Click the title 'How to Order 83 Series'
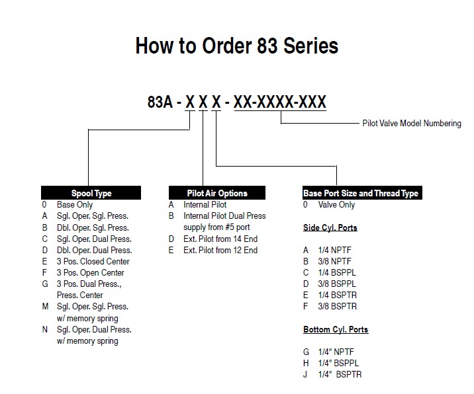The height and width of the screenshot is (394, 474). pyautogui.click(x=237, y=46)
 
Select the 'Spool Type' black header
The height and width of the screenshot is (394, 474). pyautogui.click(x=91, y=193)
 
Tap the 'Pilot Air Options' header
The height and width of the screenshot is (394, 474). pyautogui.click(x=217, y=193)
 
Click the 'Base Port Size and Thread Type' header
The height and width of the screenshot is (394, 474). pyautogui.click(x=362, y=193)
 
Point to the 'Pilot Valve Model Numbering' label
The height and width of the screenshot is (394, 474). pyautogui.click(x=412, y=123)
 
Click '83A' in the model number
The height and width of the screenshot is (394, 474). pyautogui.click(x=160, y=102)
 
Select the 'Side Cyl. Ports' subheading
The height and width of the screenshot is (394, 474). pyautogui.click(x=330, y=227)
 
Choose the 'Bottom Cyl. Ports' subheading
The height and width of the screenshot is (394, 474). pyautogui.click(x=336, y=329)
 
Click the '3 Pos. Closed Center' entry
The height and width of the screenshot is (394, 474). pyautogui.click(x=93, y=262)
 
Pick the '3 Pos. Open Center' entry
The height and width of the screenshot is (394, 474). pyautogui.click(x=91, y=272)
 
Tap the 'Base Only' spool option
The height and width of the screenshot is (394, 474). pyautogui.click(x=75, y=205)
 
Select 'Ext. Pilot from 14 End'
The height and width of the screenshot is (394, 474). pyautogui.click(x=220, y=239)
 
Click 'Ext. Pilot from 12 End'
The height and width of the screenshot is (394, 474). pyautogui.click(x=220, y=251)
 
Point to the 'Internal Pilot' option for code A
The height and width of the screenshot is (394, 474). pyautogui.click(x=205, y=205)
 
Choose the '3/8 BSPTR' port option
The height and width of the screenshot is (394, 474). pyautogui.click(x=338, y=307)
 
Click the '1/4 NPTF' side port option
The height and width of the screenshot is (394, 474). pyautogui.click(x=334, y=251)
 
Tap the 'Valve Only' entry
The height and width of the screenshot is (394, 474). pyautogui.click(x=336, y=205)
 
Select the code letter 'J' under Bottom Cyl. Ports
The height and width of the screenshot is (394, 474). pyautogui.click(x=305, y=374)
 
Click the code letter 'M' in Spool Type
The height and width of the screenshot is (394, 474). pyautogui.click(x=45, y=307)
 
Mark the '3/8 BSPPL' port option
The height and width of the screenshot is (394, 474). pyautogui.click(x=337, y=284)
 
